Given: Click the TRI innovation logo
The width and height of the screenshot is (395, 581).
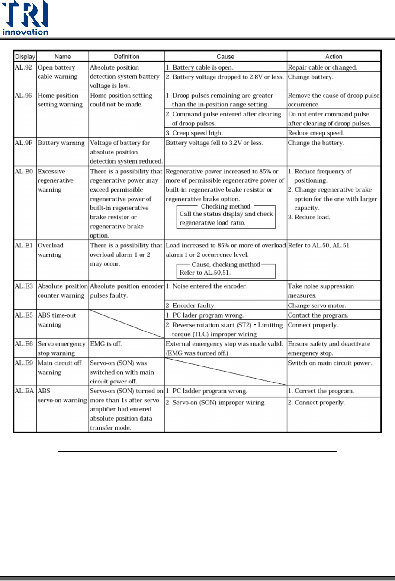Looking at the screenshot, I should [x=25, y=19].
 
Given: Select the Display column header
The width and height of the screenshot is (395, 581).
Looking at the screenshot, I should [x=26, y=57].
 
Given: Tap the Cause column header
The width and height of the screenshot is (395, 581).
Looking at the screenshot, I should [x=225, y=57].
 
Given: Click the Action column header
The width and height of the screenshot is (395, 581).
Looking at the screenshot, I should [x=334, y=57].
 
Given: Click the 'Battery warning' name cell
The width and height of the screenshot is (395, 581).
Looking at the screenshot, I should [x=61, y=143].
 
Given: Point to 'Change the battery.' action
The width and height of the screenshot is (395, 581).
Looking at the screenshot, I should [x=316, y=143].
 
